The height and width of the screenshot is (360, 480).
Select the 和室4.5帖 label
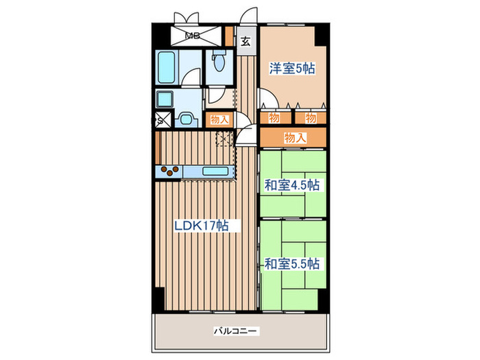coord(293,184)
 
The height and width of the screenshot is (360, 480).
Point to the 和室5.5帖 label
coord(293,263)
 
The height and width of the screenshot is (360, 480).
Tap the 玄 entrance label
coord(245,40)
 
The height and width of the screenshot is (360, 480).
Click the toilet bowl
coord(219,64)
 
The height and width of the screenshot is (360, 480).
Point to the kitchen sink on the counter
coord(215,171)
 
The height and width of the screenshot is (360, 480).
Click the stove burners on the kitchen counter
coord(169,171)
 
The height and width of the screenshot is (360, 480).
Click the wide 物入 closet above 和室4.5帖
coord(293,138)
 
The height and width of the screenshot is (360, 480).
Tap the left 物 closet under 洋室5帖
coord(274,118)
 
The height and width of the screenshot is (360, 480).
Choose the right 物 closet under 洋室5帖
coord(311,118)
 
